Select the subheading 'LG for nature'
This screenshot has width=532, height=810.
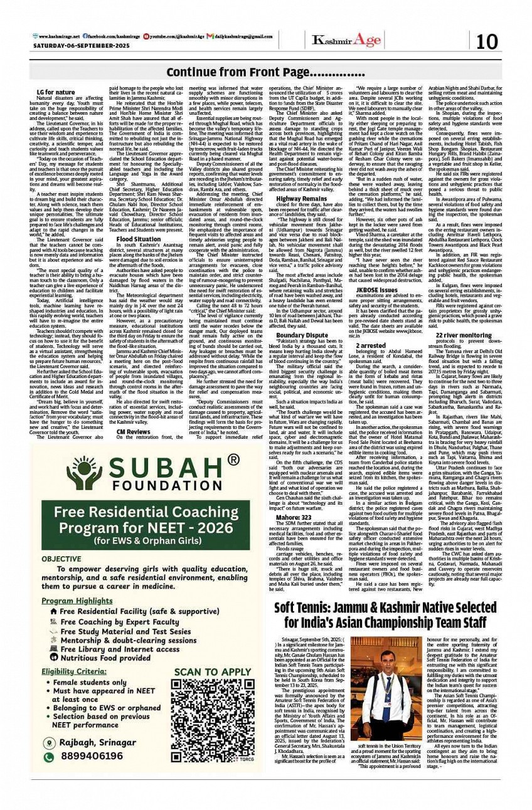click(x=56, y=93)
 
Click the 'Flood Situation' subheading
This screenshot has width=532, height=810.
click(x=138, y=239)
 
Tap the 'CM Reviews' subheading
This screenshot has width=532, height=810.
click(x=133, y=414)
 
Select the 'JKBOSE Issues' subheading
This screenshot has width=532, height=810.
click(x=376, y=290)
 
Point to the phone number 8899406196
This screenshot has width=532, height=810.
click(x=91, y=756)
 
